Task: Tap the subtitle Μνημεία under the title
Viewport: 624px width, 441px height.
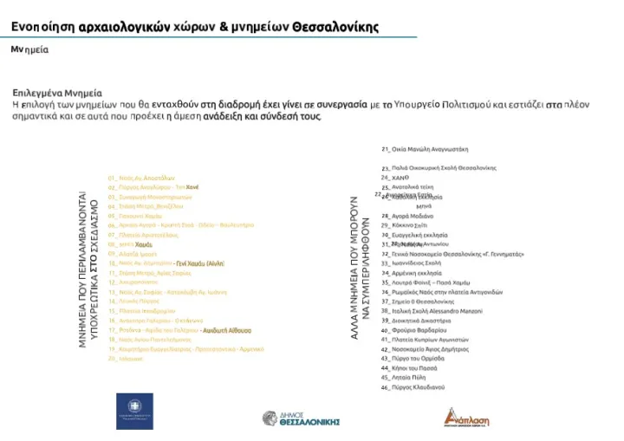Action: pyautogui.click(x=29, y=50)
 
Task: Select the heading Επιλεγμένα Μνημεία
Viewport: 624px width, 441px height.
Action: pyautogui.click(x=57, y=92)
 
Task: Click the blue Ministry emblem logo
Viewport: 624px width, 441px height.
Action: pyautogui.click(x=134, y=411)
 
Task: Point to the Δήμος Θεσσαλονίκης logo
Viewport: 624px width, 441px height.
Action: pyautogui.click(x=301, y=419)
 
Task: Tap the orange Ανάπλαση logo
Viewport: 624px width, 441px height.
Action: pyautogui.click(x=467, y=417)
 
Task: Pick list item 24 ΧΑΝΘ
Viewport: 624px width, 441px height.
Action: pyautogui.click(x=395, y=178)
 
